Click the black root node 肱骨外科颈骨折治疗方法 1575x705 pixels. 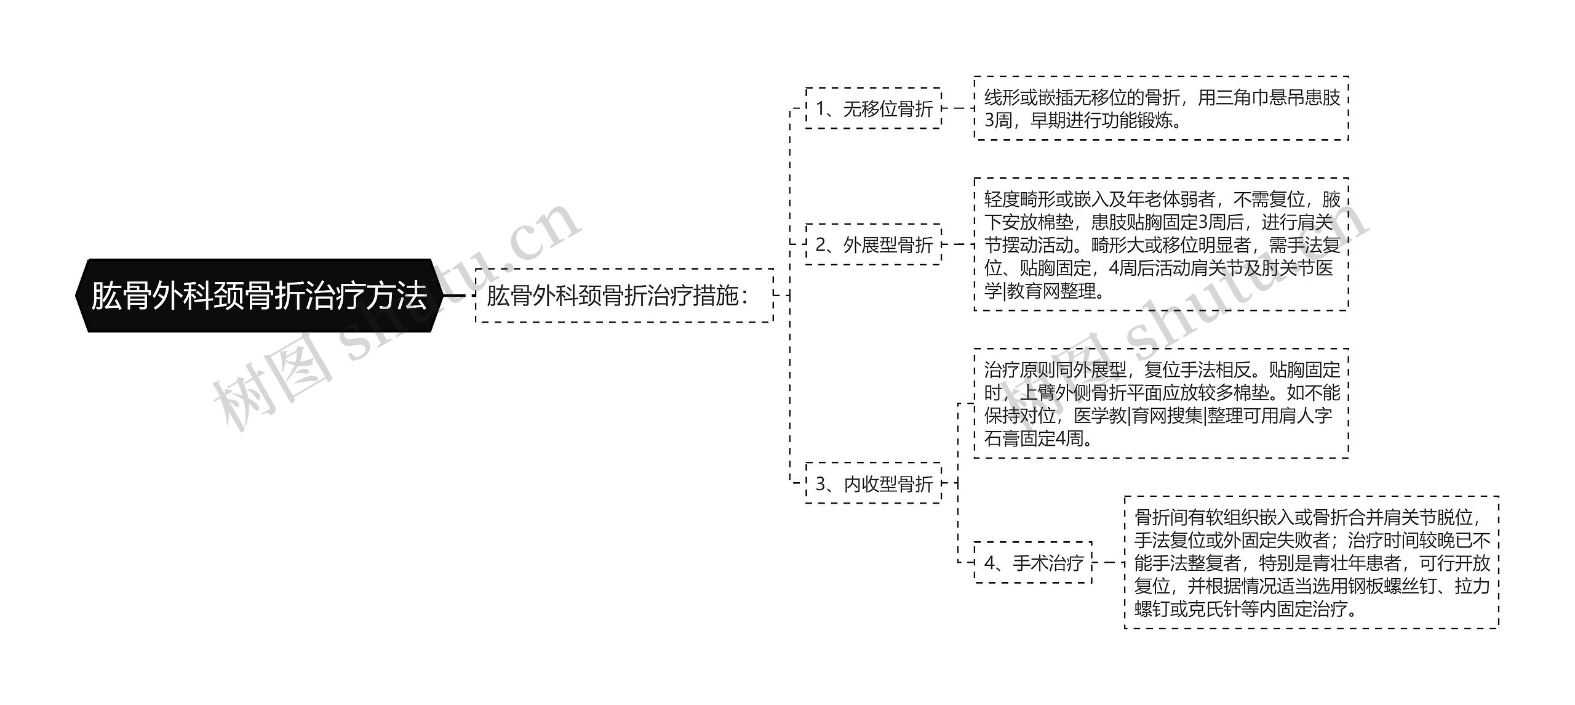tap(258, 296)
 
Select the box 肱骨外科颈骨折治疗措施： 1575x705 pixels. tap(624, 296)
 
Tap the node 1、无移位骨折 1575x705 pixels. tap(873, 108)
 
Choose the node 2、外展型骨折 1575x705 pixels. tap(873, 244)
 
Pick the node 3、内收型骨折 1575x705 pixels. tap(873, 483)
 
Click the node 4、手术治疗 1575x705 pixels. tap(1033, 562)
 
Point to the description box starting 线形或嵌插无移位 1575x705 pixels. tap(1161, 108)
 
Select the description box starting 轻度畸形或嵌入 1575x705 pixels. tap(1161, 244)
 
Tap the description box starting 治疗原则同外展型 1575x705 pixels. tap(1161, 403)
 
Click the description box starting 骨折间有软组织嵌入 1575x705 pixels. tap(1311, 562)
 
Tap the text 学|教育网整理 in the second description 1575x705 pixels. tap(1040, 291)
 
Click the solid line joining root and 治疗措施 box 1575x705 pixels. tap(453, 296)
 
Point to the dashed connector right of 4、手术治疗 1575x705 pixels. tap(1108, 562)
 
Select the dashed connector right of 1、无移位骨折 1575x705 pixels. tap(958, 108)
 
